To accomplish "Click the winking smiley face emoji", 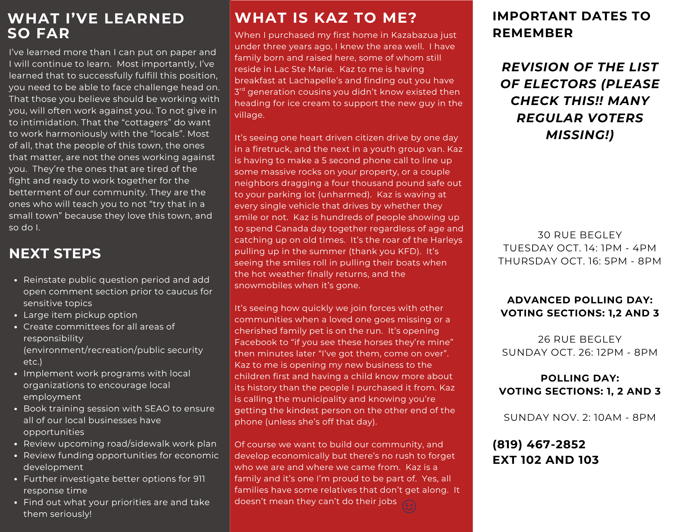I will (409, 506).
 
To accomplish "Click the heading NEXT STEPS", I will (55, 253).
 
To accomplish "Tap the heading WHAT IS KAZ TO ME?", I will (326, 18).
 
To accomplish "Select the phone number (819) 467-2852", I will (539, 444).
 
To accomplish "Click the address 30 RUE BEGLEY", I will (580, 235).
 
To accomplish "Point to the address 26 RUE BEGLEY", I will (580, 339).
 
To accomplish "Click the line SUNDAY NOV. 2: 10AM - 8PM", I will (580, 417).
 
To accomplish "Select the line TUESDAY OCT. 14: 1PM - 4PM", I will (580, 248).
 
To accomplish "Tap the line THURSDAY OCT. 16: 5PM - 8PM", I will (580, 261).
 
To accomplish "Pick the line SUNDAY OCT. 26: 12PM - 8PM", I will (580, 352).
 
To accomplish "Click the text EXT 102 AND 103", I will (546, 460).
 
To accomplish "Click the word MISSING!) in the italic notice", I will (580, 135).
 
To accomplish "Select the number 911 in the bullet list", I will (199, 479).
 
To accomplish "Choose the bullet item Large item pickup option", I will (80, 315).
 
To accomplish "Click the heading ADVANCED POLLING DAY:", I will (580, 300).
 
